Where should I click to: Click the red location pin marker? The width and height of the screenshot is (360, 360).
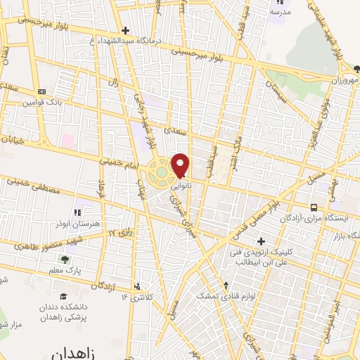[x=181, y=165]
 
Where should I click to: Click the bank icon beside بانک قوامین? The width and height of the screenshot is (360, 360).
[x=41, y=91]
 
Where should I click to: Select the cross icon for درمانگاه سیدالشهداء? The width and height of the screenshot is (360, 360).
[x=125, y=30]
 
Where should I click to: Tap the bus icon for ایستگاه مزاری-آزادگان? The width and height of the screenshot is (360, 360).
[x=314, y=207]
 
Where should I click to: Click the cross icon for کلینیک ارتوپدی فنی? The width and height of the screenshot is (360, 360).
[x=261, y=241]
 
